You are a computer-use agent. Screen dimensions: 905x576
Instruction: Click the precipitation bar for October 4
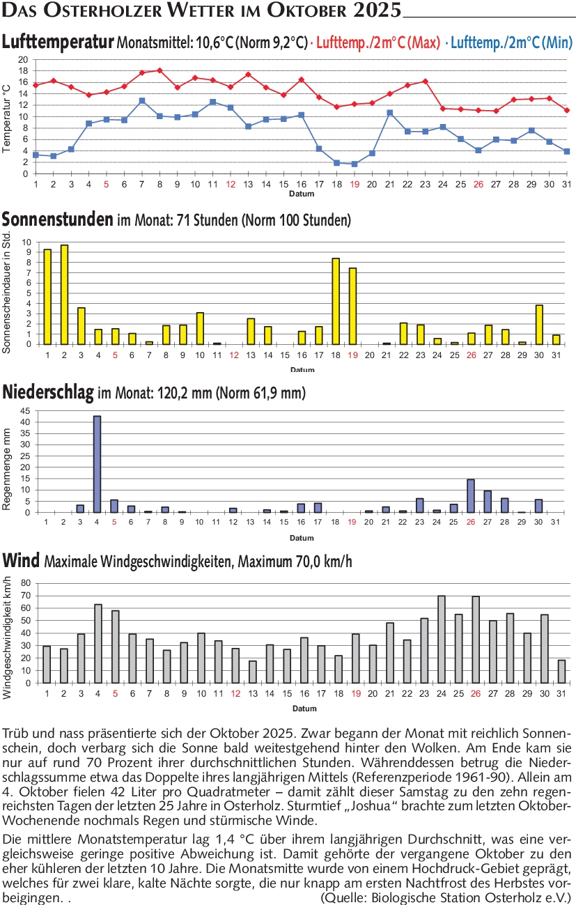tap(98, 464)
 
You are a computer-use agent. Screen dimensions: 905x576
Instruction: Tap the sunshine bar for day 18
tap(336, 301)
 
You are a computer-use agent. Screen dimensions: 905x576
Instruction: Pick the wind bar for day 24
tap(442, 640)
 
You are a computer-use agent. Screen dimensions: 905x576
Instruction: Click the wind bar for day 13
tap(252, 672)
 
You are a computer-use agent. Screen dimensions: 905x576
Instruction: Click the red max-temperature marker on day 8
tap(159, 70)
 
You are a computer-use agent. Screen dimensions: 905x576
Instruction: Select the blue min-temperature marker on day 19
tap(355, 164)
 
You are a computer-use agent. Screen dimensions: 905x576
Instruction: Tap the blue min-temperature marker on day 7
tap(142, 100)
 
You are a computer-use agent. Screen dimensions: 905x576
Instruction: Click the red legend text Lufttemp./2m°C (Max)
tap(378, 42)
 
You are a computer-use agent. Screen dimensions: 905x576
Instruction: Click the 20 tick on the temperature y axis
tap(23, 60)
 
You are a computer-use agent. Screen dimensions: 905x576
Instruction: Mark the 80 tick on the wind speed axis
tap(26, 582)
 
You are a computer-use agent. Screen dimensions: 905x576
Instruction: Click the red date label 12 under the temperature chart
tap(231, 185)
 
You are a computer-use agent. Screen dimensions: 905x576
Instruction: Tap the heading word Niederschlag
tap(48, 393)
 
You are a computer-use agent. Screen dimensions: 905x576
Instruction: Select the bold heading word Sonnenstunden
tap(57, 220)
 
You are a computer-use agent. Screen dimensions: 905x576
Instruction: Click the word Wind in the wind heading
tap(21, 560)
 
